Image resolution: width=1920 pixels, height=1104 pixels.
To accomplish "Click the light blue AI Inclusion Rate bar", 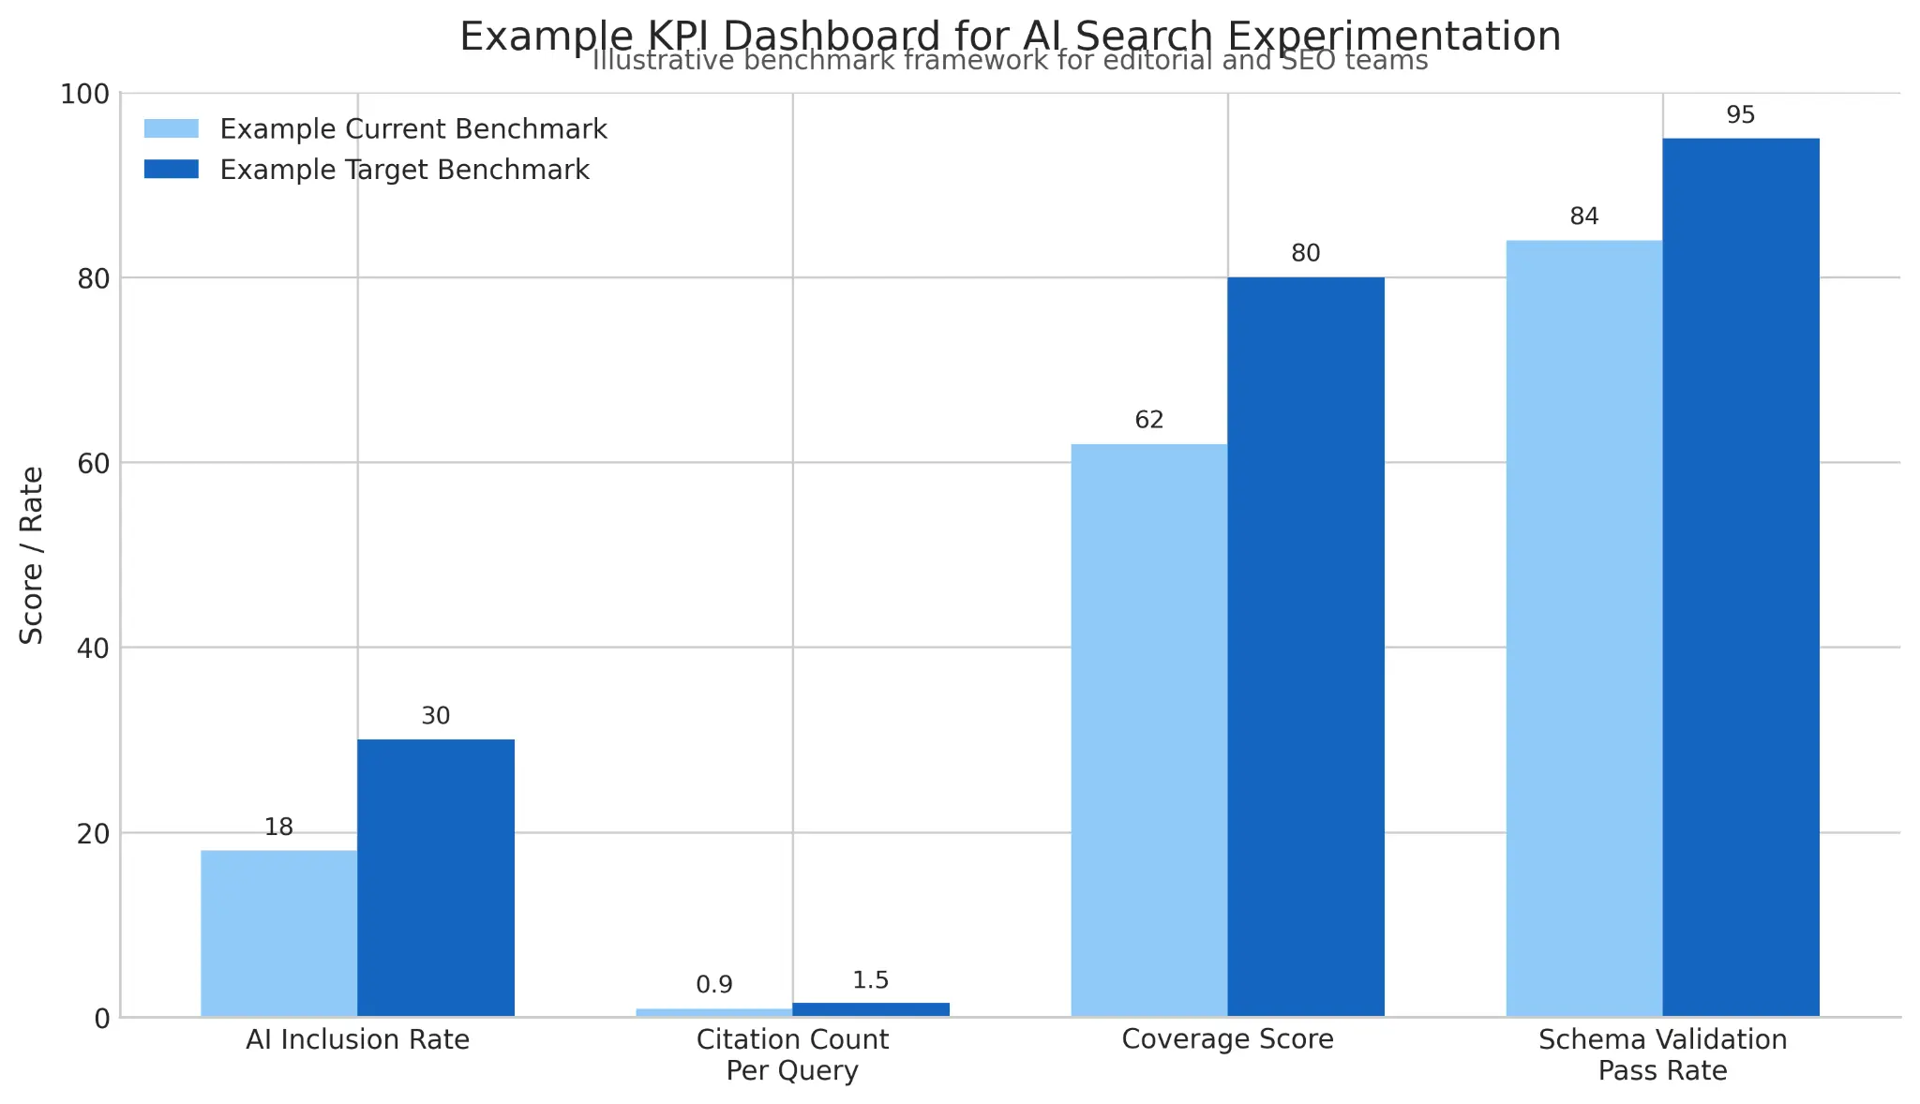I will pos(278,932).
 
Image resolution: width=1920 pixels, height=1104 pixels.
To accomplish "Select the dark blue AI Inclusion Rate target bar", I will pos(436,877).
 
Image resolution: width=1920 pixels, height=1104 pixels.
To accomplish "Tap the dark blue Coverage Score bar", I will pos(1306,647).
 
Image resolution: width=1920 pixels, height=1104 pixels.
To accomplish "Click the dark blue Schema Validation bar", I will pos(1741,576).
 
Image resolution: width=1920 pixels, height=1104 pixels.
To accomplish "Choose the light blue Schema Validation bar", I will pos(1584,628).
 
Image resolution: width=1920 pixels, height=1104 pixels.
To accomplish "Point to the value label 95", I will pos(1741,115).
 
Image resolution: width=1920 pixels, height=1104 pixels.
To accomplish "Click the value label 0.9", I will pos(714,985).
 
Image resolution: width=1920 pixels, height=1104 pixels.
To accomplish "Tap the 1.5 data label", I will pos(871,980).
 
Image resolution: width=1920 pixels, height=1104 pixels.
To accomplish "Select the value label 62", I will pos(1149,420).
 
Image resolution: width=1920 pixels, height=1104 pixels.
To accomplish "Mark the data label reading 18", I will pos(278,828).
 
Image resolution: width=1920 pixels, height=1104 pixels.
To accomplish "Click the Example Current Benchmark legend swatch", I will pos(172,128).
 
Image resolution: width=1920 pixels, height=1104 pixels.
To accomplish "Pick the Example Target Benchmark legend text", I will pos(404,170).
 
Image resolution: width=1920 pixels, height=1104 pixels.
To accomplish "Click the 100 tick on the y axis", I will pos(84,94).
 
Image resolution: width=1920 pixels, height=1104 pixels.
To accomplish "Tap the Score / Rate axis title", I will pos(32,555).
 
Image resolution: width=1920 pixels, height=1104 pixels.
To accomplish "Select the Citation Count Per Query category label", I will pos(792,1054).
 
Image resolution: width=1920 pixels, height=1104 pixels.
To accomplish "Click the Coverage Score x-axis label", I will pos(1227,1039).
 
